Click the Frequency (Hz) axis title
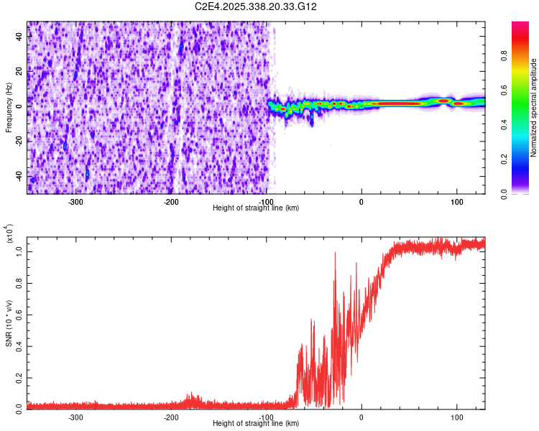coord(9,108)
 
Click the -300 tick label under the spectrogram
coord(76,201)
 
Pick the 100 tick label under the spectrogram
coord(456,201)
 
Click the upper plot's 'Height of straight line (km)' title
coord(256,208)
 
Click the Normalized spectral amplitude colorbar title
coord(533,108)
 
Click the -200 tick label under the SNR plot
coord(171,417)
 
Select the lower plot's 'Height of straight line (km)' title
coord(256,423)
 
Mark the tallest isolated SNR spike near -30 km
coord(335,253)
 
